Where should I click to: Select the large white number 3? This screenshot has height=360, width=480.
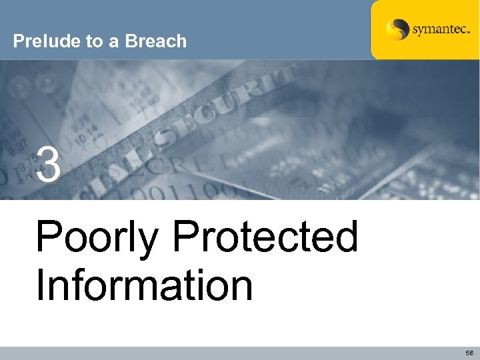click(x=49, y=165)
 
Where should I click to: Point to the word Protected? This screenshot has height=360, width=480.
click(x=265, y=237)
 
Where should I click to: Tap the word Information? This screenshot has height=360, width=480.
click(x=144, y=285)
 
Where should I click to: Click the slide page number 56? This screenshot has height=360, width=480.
click(x=469, y=353)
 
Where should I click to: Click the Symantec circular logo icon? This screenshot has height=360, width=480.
click(x=397, y=30)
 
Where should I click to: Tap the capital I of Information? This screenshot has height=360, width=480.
click(x=41, y=285)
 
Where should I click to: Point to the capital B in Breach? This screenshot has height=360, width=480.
click(x=131, y=41)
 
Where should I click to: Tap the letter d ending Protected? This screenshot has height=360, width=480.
click(x=346, y=237)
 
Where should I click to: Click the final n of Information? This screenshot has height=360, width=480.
click(x=241, y=288)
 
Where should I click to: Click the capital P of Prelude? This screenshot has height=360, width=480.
click(x=18, y=41)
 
